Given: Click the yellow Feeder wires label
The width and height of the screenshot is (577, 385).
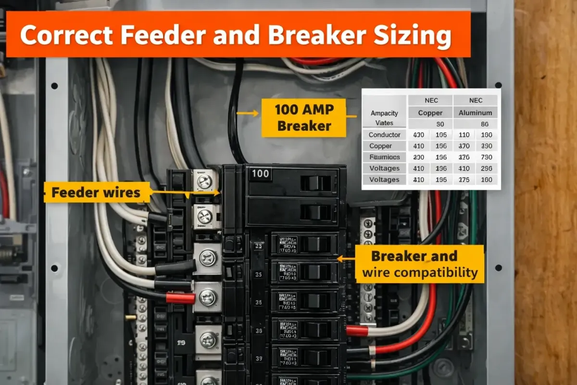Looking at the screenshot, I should pos(96,193).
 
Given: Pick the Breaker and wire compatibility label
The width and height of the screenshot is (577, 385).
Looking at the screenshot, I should pos(420,265).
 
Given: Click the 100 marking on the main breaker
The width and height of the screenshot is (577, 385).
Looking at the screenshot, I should pos(260,173).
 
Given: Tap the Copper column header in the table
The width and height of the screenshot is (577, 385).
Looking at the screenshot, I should pos(430,113).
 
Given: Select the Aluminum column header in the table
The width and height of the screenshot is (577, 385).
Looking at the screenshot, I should pos(476,113).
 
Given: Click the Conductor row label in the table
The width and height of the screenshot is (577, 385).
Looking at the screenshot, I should pos(384,135).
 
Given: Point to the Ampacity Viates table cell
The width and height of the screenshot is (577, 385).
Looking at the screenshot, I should pos(384,118).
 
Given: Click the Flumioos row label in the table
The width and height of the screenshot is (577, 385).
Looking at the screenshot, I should pos(384,157).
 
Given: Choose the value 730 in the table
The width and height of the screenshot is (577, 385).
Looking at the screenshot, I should pos(487,157).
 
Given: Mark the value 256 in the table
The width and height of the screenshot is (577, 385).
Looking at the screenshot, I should pos(487,168).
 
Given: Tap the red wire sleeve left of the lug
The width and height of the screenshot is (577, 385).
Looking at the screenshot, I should pos(180,298).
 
